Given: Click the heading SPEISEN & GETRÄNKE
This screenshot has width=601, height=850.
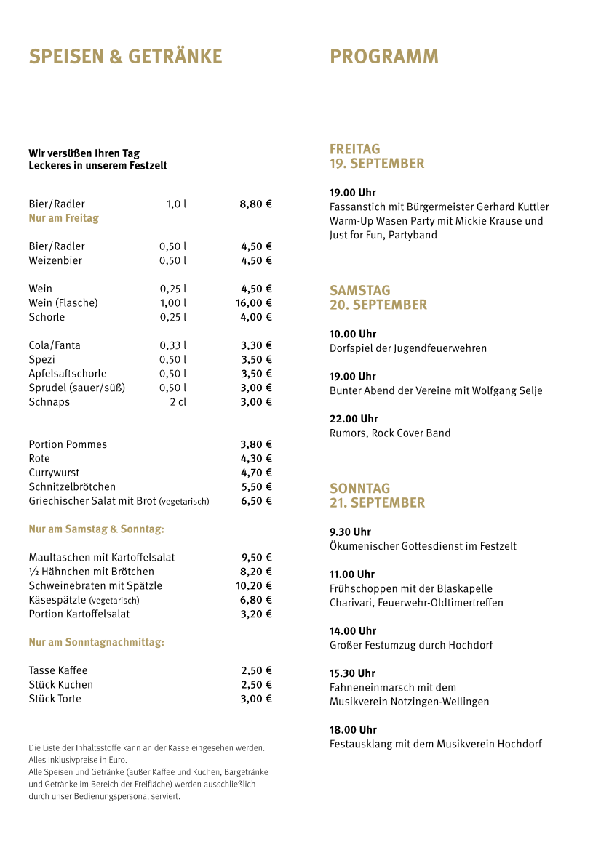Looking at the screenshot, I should [x=125, y=57].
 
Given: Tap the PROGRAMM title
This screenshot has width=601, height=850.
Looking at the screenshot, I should [x=384, y=57].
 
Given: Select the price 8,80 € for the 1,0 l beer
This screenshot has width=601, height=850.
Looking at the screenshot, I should [x=255, y=204].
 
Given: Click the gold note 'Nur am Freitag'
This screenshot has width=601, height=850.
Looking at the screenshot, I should [x=63, y=218].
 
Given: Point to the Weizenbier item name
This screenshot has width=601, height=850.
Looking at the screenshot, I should [x=55, y=260].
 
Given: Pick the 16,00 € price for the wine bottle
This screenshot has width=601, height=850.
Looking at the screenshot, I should [x=254, y=302].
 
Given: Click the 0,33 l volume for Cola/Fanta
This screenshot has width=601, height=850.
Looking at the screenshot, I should [x=172, y=345].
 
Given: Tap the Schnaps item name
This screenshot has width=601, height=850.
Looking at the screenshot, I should [x=49, y=402].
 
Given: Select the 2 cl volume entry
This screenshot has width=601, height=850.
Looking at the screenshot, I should [x=178, y=402].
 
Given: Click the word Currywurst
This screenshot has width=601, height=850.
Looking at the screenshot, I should [x=55, y=473].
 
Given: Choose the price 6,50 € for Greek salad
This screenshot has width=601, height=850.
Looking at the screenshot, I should [x=256, y=501].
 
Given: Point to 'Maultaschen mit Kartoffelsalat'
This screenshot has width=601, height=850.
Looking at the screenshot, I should [x=102, y=558].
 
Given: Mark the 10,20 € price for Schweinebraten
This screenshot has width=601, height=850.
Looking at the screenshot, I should [x=254, y=586].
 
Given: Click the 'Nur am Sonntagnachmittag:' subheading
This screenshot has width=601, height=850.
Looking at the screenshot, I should [x=96, y=643].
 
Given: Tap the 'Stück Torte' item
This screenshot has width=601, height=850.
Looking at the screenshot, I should [x=55, y=699].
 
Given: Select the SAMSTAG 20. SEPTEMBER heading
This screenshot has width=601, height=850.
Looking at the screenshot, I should [x=378, y=297].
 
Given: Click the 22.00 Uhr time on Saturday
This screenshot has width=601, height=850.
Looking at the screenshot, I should [x=353, y=419].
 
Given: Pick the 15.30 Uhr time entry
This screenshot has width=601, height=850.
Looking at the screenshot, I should [x=352, y=673].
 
